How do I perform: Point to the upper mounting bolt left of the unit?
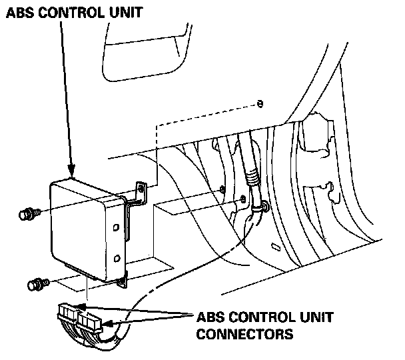27,215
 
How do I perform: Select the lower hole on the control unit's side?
117,257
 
